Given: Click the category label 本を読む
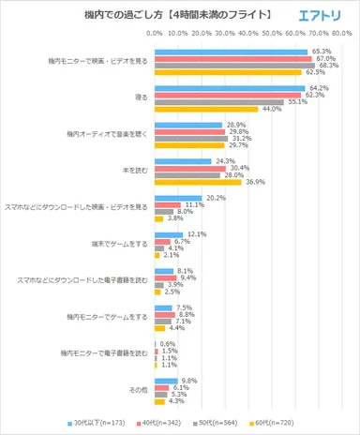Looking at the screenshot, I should (135, 171).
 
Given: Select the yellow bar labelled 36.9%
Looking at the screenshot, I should (196, 182).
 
